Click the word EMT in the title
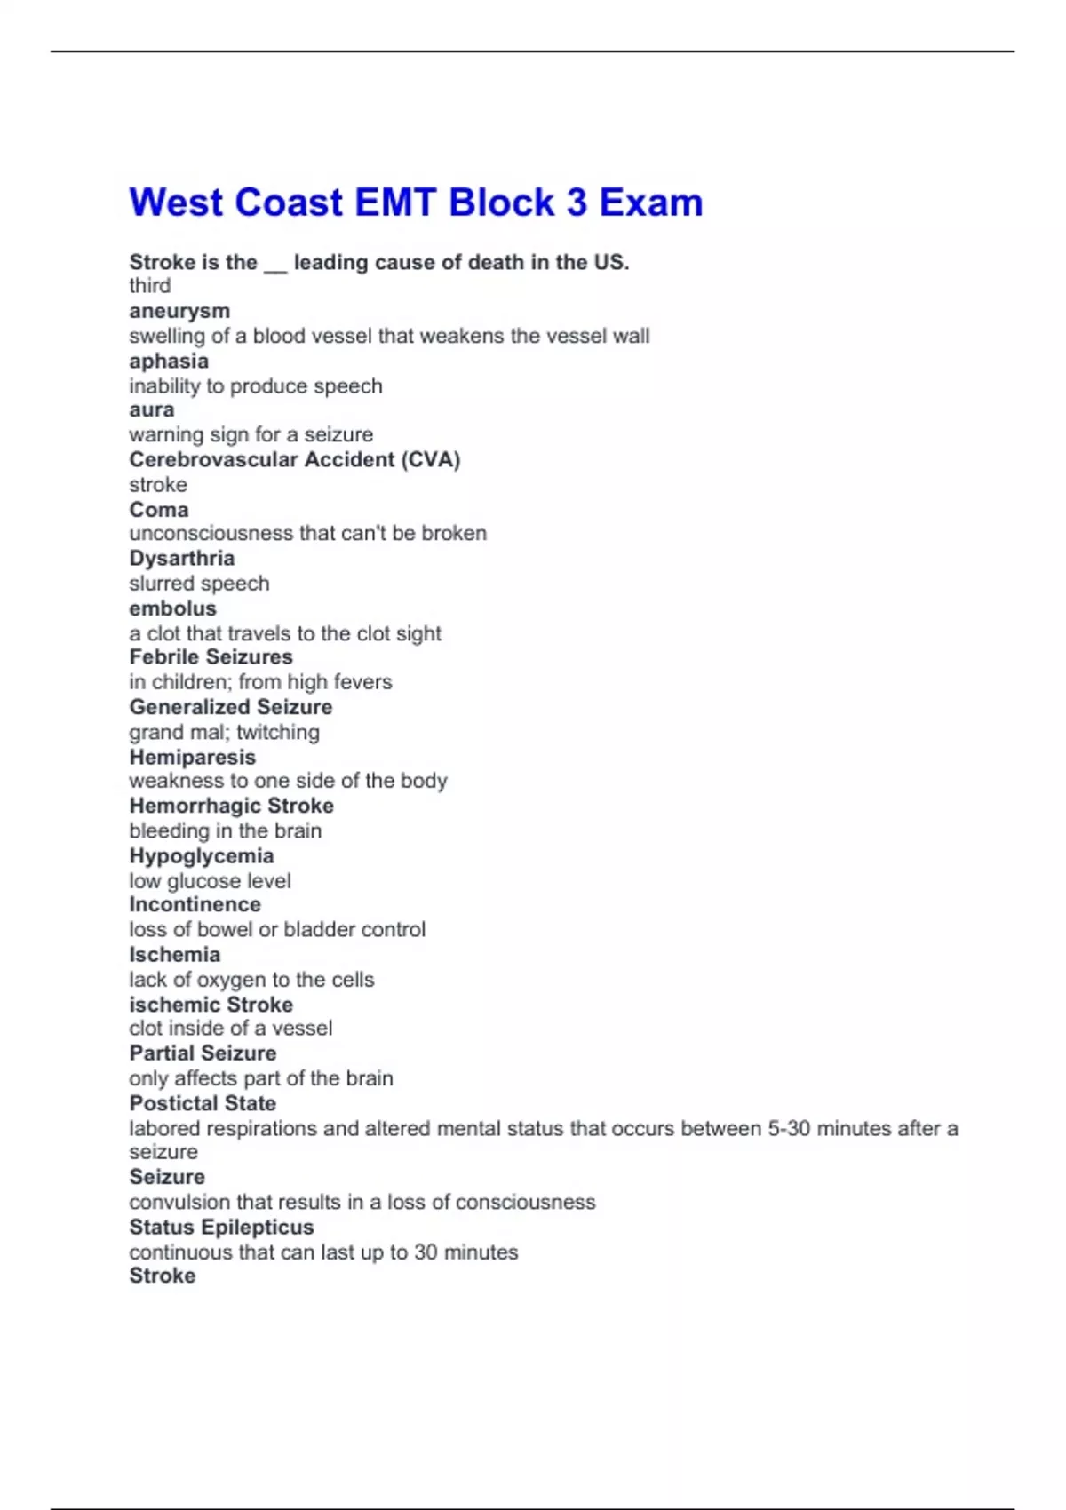click(395, 203)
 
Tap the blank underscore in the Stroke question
click(275, 264)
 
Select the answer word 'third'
click(149, 286)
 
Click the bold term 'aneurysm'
click(179, 311)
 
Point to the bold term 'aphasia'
click(169, 361)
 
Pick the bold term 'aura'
click(152, 409)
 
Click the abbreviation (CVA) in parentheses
click(431, 460)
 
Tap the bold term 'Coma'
click(159, 510)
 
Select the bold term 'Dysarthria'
click(182, 559)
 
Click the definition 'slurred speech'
click(199, 584)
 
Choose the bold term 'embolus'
click(172, 608)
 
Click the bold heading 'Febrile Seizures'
click(211, 657)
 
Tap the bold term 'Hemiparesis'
click(192, 757)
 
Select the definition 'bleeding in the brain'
click(225, 830)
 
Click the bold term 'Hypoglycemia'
click(202, 856)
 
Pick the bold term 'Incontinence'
click(195, 904)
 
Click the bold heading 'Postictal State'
click(203, 1103)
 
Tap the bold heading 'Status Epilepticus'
click(221, 1227)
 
